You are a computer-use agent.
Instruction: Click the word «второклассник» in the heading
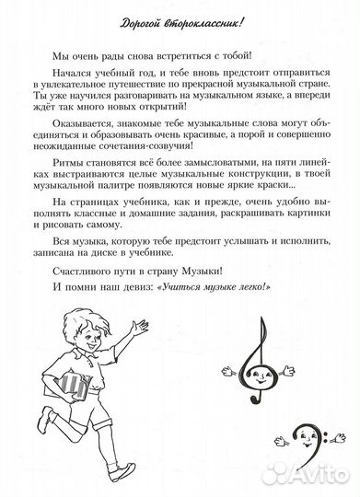199,21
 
